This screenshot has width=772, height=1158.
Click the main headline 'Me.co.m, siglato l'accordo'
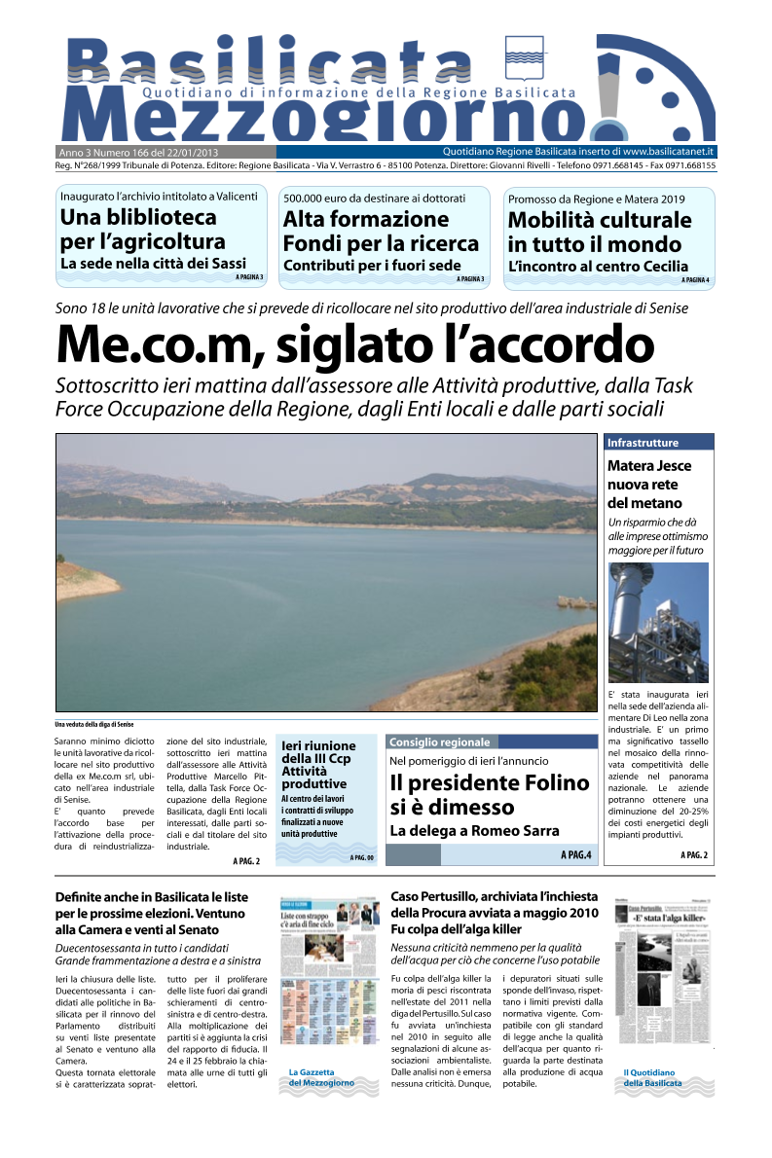tap(355, 344)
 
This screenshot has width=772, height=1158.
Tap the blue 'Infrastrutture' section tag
tap(643, 443)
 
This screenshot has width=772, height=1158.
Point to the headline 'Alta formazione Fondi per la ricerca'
tap(381, 232)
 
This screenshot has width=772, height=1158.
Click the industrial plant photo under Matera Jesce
tap(658, 623)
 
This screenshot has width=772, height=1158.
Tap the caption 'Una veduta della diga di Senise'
tap(93, 724)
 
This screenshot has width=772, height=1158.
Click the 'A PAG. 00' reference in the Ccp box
tap(361, 857)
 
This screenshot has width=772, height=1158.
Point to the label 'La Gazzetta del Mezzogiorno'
tap(321, 1077)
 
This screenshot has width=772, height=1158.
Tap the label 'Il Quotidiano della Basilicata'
tap(652, 1077)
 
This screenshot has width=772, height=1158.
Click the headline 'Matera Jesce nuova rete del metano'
tap(644, 485)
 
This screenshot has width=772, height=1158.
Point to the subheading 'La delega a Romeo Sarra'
tap(475, 830)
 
